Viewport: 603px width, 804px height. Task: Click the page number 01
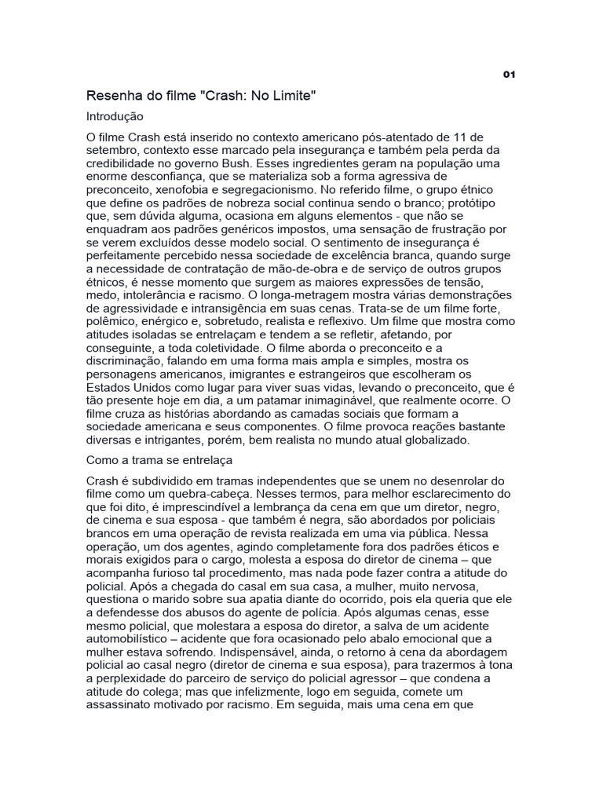click(508, 75)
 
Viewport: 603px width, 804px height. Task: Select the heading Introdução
click(115, 116)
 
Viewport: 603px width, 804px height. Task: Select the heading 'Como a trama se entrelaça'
click(155, 461)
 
